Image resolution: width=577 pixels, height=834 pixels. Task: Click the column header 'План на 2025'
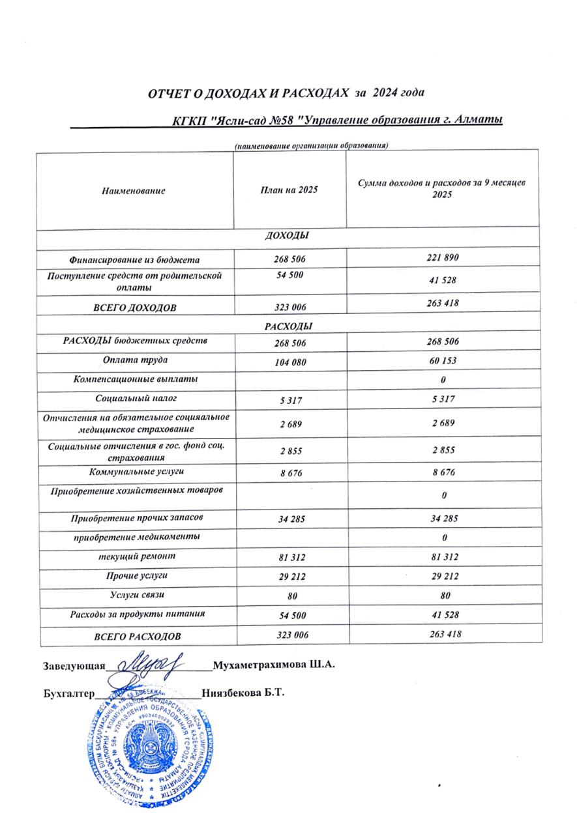(x=289, y=190)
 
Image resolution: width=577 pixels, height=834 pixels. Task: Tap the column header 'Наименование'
(x=134, y=191)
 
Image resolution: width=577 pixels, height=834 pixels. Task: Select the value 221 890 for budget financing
(x=443, y=258)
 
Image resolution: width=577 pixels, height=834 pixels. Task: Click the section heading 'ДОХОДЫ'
(x=287, y=235)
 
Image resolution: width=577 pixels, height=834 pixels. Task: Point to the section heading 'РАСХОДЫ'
(x=288, y=325)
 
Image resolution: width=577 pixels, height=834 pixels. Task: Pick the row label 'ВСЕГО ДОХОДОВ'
(x=134, y=306)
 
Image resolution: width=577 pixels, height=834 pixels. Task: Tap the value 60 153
(x=443, y=360)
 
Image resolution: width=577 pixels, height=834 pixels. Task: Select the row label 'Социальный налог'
(x=133, y=397)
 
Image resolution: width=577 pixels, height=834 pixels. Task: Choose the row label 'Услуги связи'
(x=133, y=595)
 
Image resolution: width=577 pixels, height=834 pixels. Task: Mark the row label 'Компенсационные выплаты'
(x=133, y=379)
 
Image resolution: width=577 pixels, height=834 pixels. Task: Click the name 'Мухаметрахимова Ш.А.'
(x=273, y=665)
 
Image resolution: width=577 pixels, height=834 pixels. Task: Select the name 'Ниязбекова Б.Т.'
(x=243, y=692)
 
